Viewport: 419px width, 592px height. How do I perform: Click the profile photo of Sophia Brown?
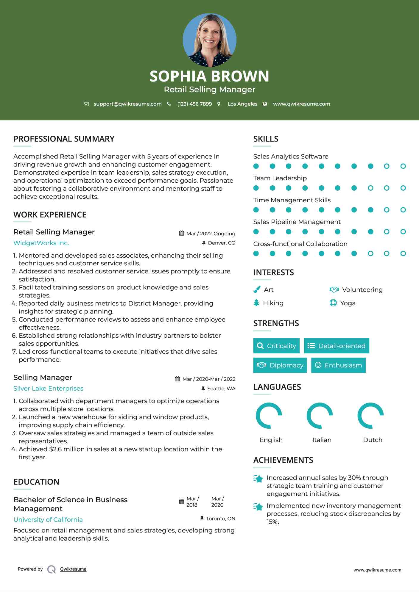coord(209,40)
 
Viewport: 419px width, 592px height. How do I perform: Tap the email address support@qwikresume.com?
coord(127,104)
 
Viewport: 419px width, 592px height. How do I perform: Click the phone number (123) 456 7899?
coord(194,104)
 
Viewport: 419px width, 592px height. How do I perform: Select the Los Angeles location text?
coord(242,104)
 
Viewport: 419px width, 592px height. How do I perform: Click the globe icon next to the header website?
coord(265,104)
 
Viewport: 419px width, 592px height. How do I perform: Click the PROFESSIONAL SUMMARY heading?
coord(64,139)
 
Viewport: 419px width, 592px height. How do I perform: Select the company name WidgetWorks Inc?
coord(41,243)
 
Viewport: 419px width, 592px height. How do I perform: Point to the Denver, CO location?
coord(221,243)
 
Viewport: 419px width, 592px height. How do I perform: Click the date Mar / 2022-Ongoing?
coord(211,234)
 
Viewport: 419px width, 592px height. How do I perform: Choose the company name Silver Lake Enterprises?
coord(48,389)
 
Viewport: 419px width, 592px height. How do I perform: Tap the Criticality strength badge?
coord(276,346)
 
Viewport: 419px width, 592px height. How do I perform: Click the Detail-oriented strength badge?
coord(337,346)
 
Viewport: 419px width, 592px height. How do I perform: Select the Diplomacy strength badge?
coord(280,365)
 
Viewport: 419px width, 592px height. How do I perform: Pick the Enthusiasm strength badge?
coord(338,365)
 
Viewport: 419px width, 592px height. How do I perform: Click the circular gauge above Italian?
coord(320,416)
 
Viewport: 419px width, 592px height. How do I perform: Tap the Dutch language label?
coord(373,440)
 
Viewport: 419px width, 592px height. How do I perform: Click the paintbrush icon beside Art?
coord(257,289)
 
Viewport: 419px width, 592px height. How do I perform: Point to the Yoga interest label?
coord(348,303)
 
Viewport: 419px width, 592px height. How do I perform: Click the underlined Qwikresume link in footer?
coord(73,569)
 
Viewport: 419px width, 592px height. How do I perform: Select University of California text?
coord(48,520)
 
